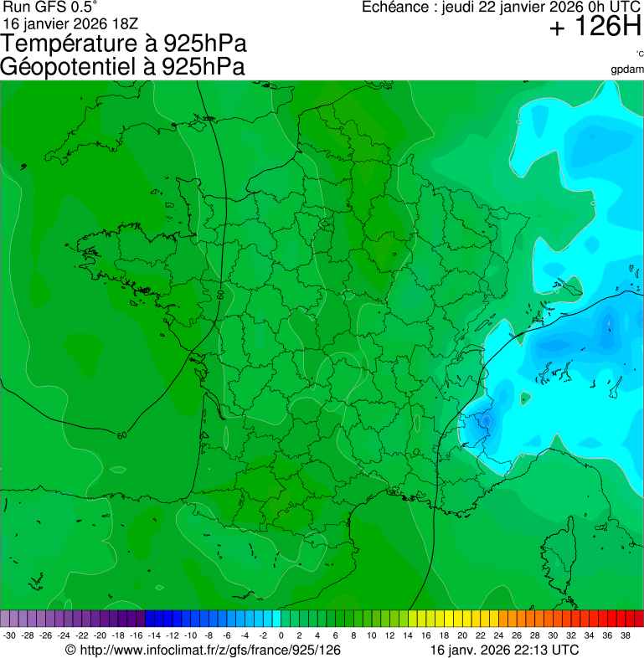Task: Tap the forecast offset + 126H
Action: pyautogui.click(x=595, y=28)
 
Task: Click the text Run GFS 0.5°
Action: pyautogui.click(x=49, y=8)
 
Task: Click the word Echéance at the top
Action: pyautogui.click(x=396, y=8)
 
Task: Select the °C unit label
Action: pyautogui.click(x=639, y=54)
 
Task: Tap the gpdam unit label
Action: pyautogui.click(x=627, y=69)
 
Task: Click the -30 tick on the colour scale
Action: pyautogui.click(x=9, y=635)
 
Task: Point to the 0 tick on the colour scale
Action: pyautogui.click(x=281, y=635)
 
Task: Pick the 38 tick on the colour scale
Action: pyautogui.click(x=625, y=635)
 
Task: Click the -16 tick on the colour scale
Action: pyautogui.click(x=136, y=635)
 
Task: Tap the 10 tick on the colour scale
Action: pyautogui.click(x=372, y=635)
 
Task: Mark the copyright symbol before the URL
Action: pyautogui.click(x=70, y=650)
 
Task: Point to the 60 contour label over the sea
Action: pyautogui.click(x=122, y=435)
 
